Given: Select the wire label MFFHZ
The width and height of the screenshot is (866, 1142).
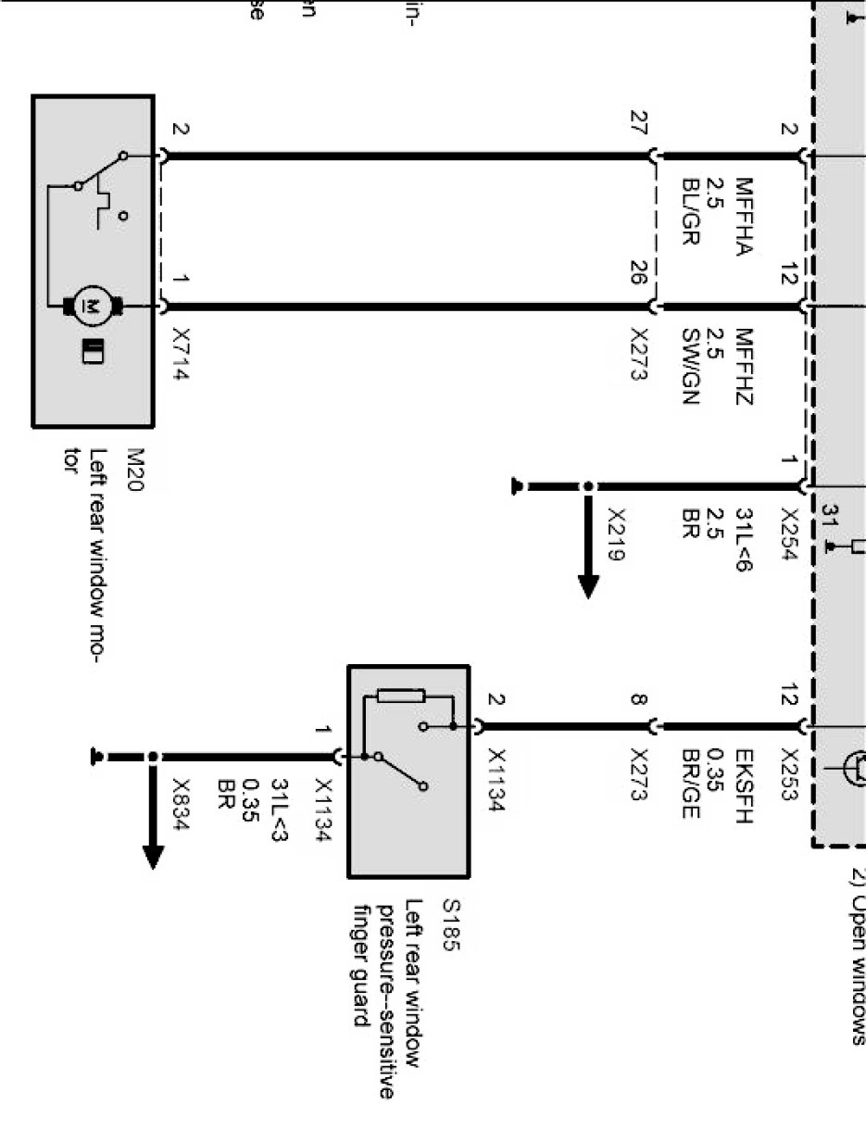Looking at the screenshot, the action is click(x=746, y=367).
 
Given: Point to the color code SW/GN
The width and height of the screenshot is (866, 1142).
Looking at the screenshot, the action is click(x=689, y=367).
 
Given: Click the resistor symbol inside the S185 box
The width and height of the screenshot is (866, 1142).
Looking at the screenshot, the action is click(x=401, y=696).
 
